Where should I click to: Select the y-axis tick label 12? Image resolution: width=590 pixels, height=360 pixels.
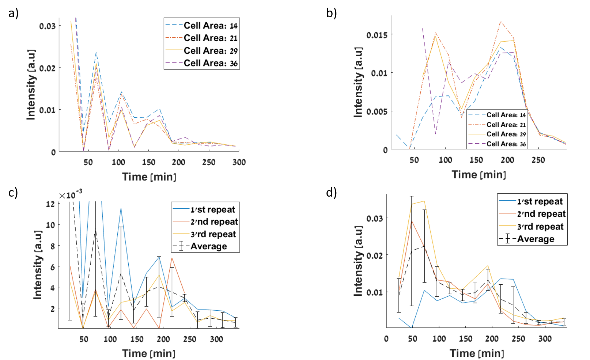click(50, 204)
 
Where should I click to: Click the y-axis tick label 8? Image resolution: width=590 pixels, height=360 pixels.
click(52, 246)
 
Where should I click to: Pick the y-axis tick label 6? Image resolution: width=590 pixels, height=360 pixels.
click(52, 267)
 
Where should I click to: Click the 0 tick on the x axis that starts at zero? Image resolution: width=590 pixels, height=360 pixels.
click(386, 339)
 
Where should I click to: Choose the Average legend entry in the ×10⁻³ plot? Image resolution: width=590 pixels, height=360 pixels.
click(208, 246)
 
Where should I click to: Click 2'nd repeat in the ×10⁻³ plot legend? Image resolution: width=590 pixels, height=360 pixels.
click(214, 222)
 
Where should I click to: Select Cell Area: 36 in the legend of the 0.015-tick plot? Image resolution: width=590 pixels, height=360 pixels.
click(506, 144)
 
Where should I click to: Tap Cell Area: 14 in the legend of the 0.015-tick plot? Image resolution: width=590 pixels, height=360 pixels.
click(506, 115)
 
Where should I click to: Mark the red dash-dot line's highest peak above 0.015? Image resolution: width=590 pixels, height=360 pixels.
click(500, 22)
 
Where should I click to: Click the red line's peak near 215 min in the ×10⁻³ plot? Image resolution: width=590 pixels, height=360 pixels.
click(172, 258)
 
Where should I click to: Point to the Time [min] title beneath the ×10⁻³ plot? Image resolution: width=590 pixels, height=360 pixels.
click(149, 353)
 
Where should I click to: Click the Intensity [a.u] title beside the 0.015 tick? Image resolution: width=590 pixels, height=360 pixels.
click(358, 82)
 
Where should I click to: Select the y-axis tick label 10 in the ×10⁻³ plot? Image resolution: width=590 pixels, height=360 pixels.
click(50, 225)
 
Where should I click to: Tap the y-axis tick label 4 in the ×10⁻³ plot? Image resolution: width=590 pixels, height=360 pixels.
click(52, 288)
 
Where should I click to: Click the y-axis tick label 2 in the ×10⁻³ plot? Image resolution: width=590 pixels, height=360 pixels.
click(52, 309)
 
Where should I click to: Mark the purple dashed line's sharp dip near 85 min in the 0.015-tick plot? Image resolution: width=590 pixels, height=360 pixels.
click(435, 134)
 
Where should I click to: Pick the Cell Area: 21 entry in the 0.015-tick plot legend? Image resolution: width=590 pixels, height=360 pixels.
click(506, 125)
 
